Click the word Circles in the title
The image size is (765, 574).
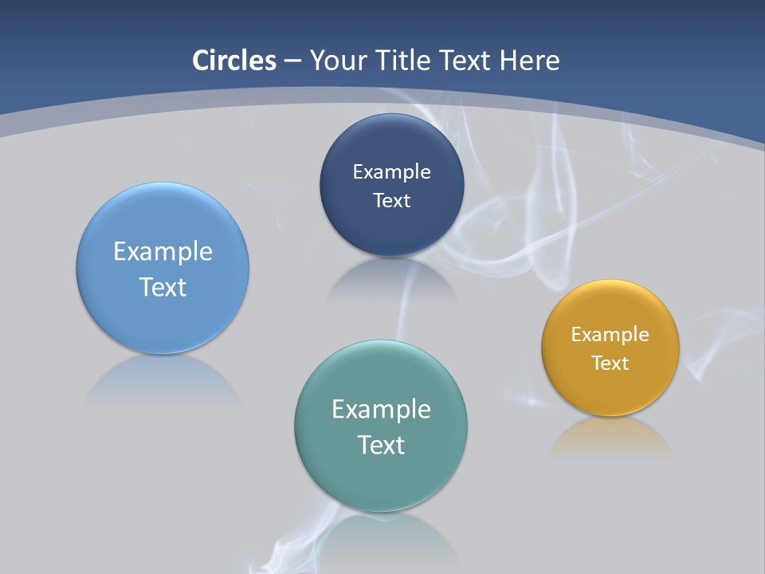(x=234, y=61)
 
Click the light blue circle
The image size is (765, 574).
(x=163, y=311)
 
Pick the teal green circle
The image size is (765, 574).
(x=381, y=478)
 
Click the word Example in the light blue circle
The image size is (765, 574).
(x=163, y=252)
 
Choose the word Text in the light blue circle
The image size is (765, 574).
(x=163, y=287)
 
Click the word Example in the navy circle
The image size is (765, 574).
(x=391, y=172)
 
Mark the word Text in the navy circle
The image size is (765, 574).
(x=391, y=201)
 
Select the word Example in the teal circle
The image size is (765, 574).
(x=381, y=410)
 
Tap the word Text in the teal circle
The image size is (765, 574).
(x=381, y=445)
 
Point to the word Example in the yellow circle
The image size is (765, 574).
(x=610, y=335)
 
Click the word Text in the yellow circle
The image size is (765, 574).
(x=610, y=364)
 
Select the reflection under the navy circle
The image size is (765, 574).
(x=391, y=279)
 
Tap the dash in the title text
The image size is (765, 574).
(x=292, y=61)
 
